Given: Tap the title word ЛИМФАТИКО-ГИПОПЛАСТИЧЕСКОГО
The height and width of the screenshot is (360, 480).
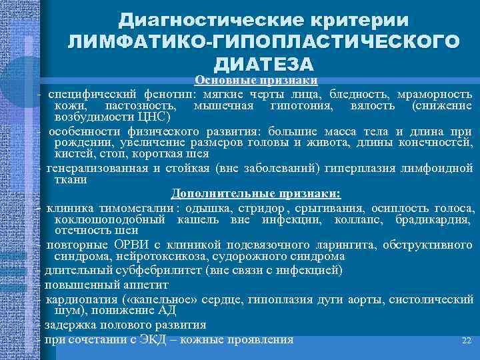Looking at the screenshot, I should coord(263,41).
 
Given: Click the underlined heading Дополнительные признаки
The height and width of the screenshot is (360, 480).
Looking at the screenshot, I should coord(256,193).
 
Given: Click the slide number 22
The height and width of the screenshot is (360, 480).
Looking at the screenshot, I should coord(467,341).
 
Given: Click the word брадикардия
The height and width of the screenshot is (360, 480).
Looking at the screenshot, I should coord(434,219).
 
